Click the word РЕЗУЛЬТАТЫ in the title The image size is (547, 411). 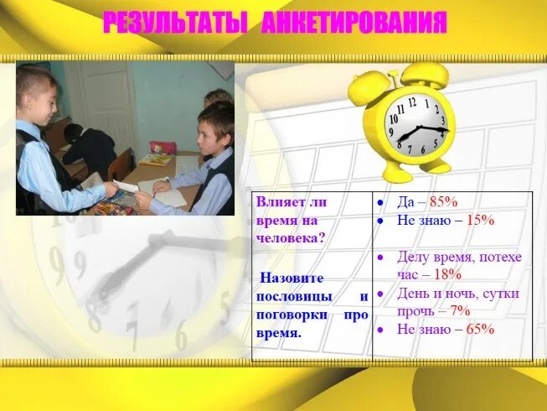click(174, 23)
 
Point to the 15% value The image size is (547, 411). click(479, 221)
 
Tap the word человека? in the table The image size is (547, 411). click(292, 237)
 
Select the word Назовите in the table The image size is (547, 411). click(291, 278)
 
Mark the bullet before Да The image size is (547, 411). click(380, 203)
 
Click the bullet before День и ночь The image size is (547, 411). click(380, 294)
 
